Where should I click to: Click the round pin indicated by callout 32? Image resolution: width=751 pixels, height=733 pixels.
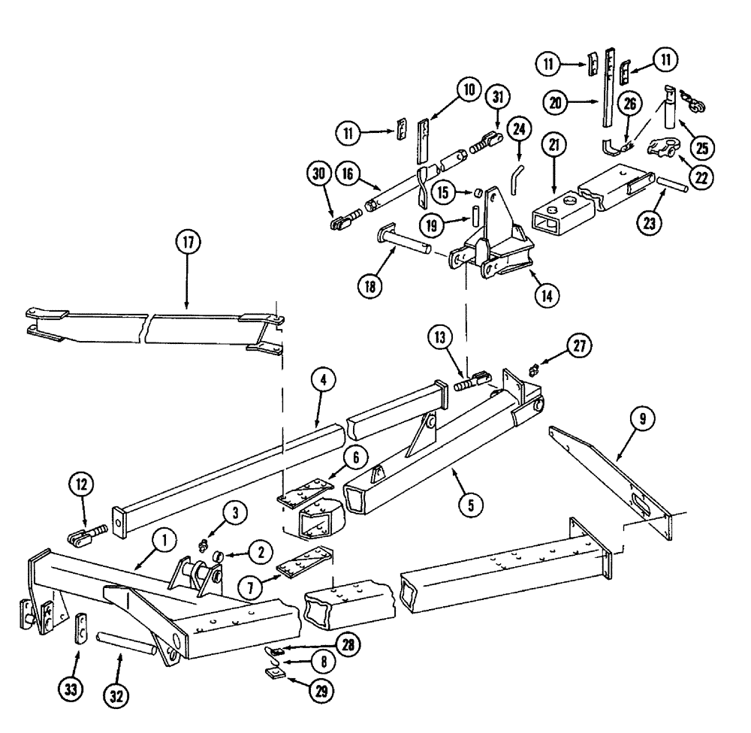[x=127, y=644]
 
